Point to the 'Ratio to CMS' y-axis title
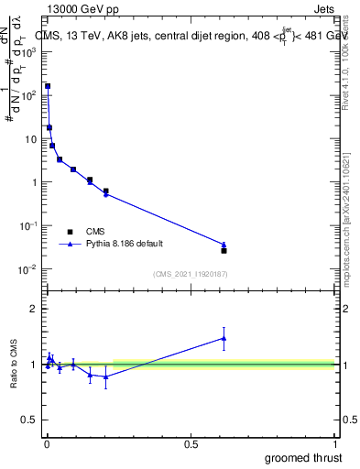click(15, 365)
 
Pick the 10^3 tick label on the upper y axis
click(32, 51)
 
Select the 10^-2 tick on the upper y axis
click(31, 268)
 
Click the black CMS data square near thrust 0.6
click(224, 250)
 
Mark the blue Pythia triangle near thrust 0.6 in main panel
click(224, 245)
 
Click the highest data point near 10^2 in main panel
click(48, 86)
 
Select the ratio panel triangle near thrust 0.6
click(224, 338)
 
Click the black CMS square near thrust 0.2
click(106, 191)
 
